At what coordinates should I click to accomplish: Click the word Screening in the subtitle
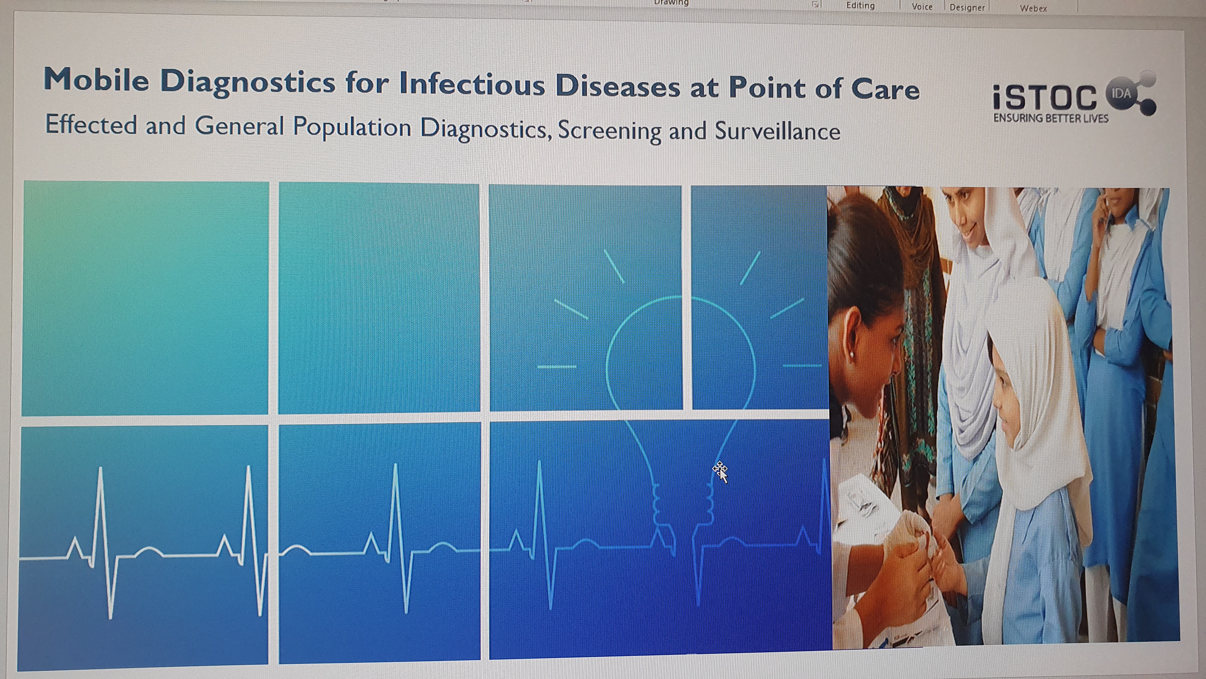click(x=609, y=130)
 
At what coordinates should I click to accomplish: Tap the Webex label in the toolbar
click(x=1033, y=8)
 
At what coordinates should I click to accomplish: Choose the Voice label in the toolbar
click(x=922, y=7)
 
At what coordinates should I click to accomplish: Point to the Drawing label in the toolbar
click(x=671, y=3)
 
